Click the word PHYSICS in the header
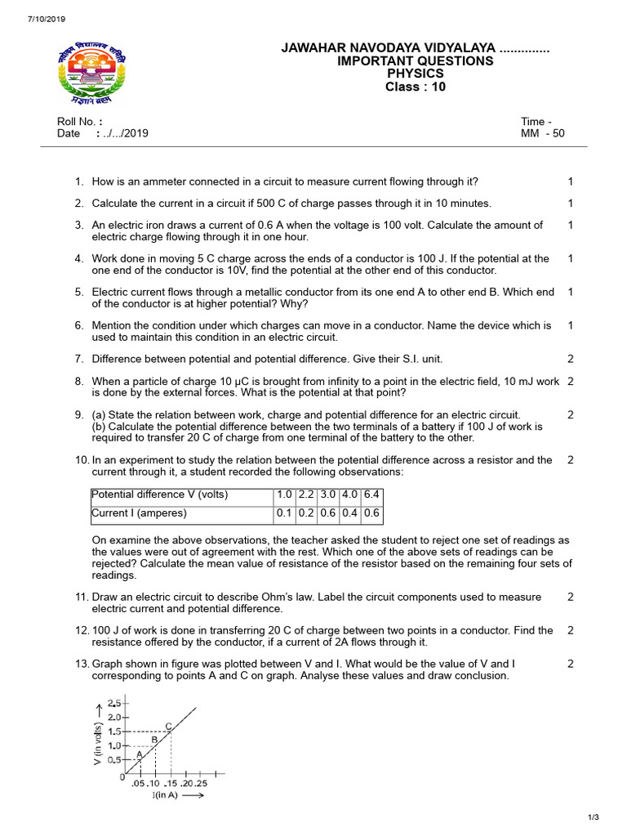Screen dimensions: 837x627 click(416, 74)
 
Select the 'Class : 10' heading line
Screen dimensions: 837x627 click(416, 87)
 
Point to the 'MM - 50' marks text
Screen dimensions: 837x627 click(542, 133)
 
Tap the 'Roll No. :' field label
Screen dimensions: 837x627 click(79, 121)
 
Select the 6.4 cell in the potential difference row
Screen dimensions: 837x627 click(372, 495)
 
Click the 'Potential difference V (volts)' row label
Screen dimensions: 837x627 click(160, 495)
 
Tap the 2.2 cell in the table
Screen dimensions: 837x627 click(306, 495)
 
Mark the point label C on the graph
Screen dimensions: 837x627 click(168, 726)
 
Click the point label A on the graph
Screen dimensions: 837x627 click(139, 754)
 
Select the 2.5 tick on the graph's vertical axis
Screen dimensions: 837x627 click(113, 703)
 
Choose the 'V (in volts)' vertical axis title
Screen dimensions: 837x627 click(97, 744)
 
